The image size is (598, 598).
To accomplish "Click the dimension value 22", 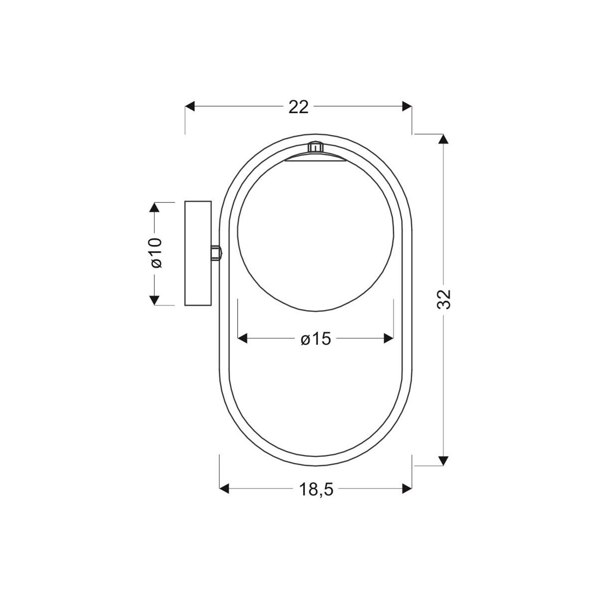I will (x=299, y=107).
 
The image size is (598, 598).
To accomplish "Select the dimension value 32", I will (x=444, y=299).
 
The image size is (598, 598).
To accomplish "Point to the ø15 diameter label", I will (x=316, y=339).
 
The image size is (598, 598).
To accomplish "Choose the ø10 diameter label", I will (x=155, y=253).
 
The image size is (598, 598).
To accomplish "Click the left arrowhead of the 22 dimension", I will (x=190, y=106).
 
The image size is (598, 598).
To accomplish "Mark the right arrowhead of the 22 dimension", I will (x=407, y=106).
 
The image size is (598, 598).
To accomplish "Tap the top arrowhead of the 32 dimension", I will (x=443, y=139).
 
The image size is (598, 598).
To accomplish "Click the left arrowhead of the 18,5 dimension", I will (x=225, y=489).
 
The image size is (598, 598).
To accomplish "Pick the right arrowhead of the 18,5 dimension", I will (x=407, y=489).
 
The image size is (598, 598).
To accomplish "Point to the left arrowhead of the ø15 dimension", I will (x=243, y=339).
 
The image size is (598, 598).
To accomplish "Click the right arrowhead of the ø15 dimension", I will (x=389, y=339).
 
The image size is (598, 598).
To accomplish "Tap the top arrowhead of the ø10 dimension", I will (x=154, y=207).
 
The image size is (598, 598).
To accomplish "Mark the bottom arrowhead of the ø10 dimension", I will (x=154, y=299).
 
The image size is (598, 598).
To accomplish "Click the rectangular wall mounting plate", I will (x=198, y=253).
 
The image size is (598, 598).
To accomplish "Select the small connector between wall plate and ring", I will (x=216, y=253).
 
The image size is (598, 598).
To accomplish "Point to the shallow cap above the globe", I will (x=315, y=158).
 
